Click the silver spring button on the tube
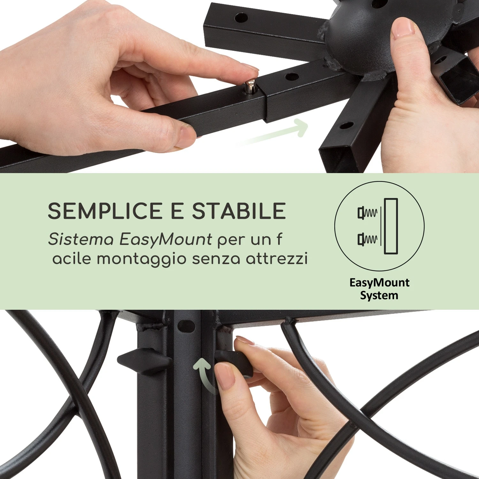[x=249, y=87]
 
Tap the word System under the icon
[x=379, y=296]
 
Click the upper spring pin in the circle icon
[x=368, y=213]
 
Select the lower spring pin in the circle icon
[x=368, y=239]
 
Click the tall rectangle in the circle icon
[x=391, y=226]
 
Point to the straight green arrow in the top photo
[x=273, y=133]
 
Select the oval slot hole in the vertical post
[x=186, y=326]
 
